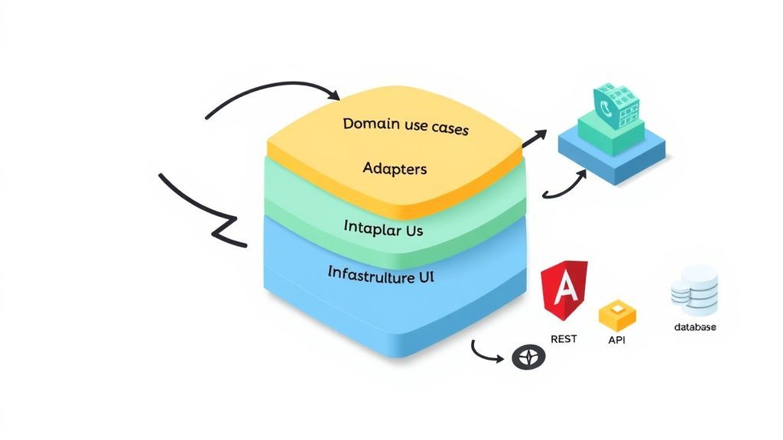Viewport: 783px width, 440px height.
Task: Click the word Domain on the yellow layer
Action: (x=367, y=123)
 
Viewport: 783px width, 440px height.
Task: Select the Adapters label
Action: (x=395, y=168)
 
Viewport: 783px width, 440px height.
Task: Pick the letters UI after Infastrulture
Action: (x=424, y=278)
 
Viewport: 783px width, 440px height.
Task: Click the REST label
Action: (x=564, y=338)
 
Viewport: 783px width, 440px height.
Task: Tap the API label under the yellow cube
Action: (x=616, y=340)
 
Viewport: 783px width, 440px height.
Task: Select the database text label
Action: (x=694, y=327)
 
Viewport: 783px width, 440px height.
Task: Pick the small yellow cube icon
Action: (x=618, y=314)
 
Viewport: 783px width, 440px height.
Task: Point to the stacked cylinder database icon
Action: (x=694, y=290)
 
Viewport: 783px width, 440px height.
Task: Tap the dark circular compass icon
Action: (x=528, y=357)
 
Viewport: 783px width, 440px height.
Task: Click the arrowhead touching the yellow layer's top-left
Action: (x=333, y=96)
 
